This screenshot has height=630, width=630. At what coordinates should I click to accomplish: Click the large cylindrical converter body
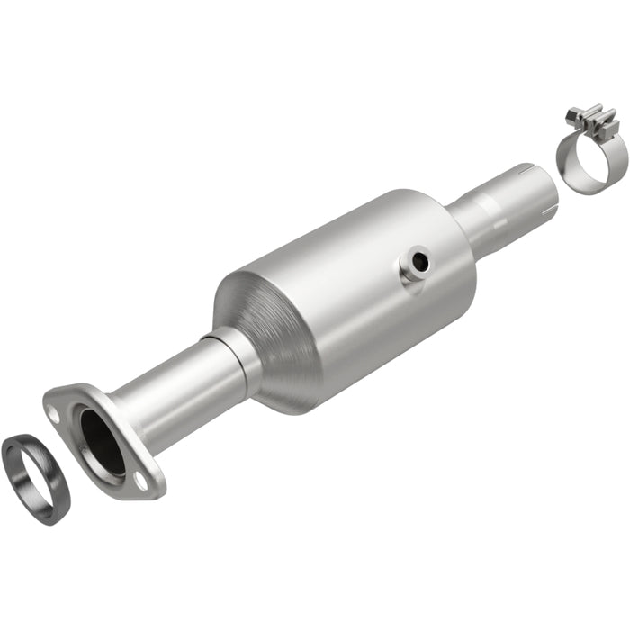pyautogui.click(x=360, y=288)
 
